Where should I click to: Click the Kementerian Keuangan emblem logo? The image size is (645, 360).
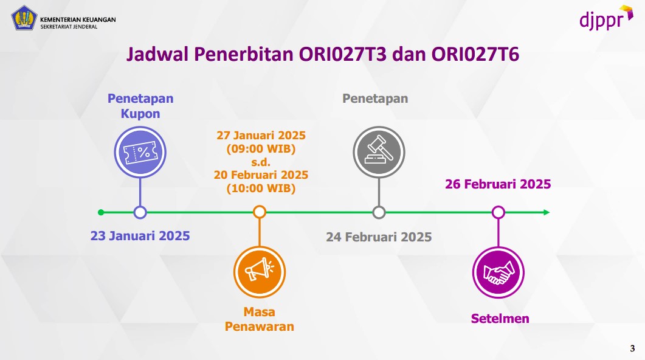tap(24, 18)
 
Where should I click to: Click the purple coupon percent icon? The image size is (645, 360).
tap(140, 152)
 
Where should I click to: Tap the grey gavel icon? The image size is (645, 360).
tap(379, 152)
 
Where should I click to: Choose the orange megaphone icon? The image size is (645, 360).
tap(260, 272)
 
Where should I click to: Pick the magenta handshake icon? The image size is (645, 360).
tap(498, 272)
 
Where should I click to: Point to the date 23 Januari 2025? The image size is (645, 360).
tap(140, 236)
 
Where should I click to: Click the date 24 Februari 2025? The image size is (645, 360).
tap(379, 237)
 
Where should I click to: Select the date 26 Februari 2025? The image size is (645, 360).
tap(498, 184)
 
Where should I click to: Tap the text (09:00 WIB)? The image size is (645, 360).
tap(261, 148)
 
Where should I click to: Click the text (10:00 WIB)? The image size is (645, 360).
tap(261, 189)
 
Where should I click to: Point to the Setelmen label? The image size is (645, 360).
tap(500, 319)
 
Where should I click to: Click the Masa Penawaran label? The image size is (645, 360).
tap(260, 319)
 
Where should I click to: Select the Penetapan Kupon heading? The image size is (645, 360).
tap(140, 106)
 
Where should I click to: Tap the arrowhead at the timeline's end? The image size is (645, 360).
tap(547, 212)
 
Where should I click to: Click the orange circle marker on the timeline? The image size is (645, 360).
tap(260, 212)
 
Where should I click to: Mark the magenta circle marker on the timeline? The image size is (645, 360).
tap(498, 212)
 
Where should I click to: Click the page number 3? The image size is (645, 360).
tap(632, 348)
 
